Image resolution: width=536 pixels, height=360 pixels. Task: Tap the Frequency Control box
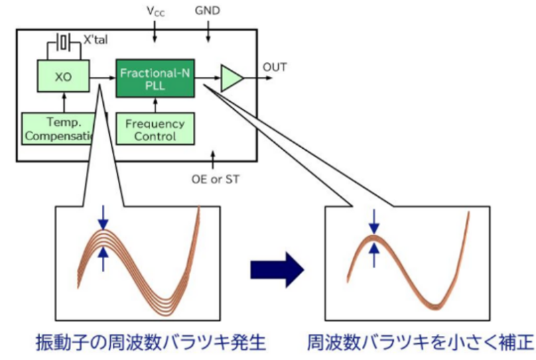tap(155, 129)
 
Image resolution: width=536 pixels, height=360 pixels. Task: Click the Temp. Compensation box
tap(64, 129)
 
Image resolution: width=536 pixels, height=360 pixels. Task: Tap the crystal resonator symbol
tap(64, 42)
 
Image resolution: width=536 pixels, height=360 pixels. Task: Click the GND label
tap(208, 11)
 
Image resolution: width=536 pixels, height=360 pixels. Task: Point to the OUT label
tap(275, 67)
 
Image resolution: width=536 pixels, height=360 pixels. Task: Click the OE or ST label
tap(214, 179)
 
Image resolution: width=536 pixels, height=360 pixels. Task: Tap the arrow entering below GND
tap(208, 30)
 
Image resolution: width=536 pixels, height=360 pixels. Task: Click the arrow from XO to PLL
tap(103, 78)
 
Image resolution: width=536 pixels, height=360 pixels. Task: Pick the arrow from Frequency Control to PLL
tap(155, 104)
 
